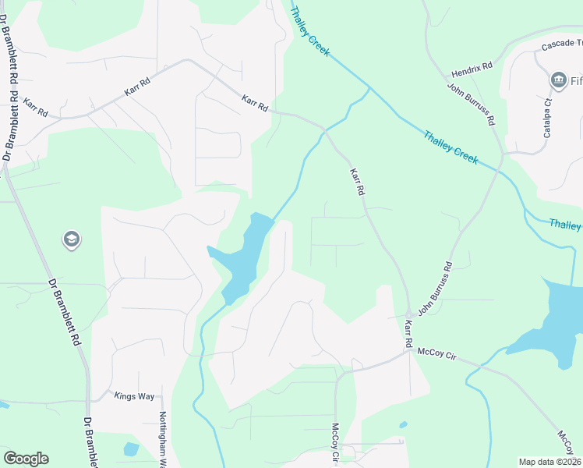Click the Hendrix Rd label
[472, 67]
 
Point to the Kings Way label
[135, 396]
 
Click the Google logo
[26, 459]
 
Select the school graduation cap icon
[71, 239]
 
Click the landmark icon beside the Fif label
[558, 80]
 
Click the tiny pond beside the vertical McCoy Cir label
[402, 425]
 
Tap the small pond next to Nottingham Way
[131, 449]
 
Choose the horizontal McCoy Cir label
[435, 355]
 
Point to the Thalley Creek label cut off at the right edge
[565, 225]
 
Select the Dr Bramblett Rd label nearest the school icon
[65, 312]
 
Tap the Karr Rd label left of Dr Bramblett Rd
[36, 108]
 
